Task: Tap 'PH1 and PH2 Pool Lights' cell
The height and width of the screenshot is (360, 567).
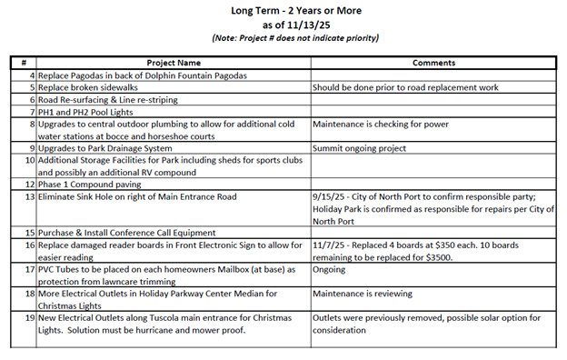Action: click(89, 111)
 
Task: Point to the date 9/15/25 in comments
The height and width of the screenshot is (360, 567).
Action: click(330, 196)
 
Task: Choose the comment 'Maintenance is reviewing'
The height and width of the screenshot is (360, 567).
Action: click(362, 294)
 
